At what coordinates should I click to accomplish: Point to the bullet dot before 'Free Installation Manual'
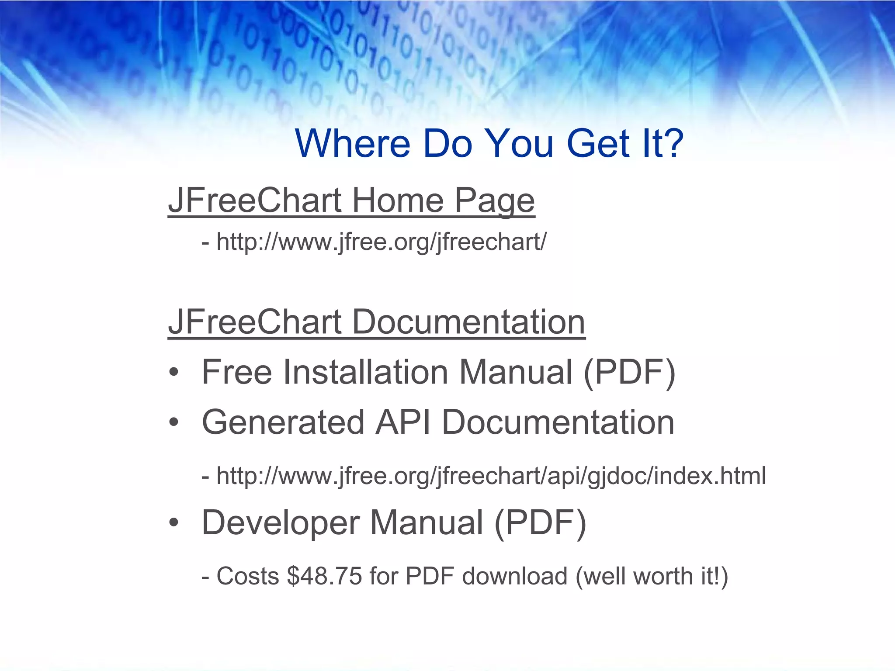tap(174, 372)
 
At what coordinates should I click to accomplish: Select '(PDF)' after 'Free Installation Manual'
tap(629, 372)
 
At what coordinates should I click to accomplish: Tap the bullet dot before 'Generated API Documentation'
tap(174, 422)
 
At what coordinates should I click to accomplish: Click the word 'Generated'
tap(283, 422)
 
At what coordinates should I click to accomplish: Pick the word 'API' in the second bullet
tap(403, 422)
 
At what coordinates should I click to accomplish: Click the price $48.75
tap(324, 576)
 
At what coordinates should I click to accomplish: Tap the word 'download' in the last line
tap(515, 576)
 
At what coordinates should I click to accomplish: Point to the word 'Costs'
tap(248, 576)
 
